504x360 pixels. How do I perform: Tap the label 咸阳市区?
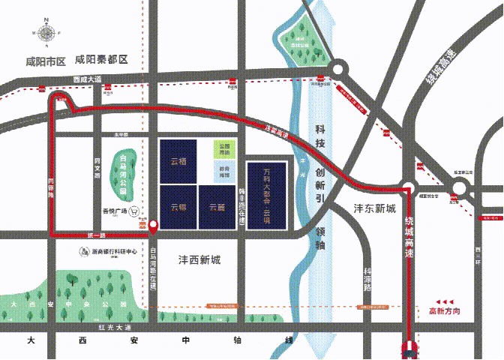click(x=46, y=61)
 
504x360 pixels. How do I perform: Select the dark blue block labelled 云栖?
click(x=178, y=160)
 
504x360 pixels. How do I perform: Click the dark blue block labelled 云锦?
click(x=178, y=207)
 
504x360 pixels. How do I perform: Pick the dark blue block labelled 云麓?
click(x=217, y=207)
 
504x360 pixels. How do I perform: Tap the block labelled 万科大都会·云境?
click(x=266, y=193)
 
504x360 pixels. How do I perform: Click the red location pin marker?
click(x=153, y=224)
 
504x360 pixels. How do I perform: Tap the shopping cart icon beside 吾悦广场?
click(x=135, y=211)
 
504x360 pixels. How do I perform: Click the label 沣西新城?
click(x=199, y=260)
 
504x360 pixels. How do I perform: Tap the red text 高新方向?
click(x=444, y=310)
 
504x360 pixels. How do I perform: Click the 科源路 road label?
click(x=367, y=279)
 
